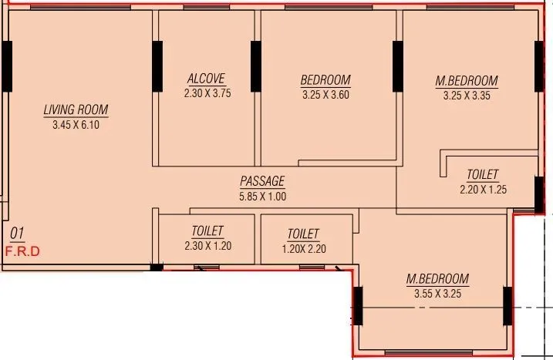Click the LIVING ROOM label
tap(76, 109)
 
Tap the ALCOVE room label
tap(207, 79)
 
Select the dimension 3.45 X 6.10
tap(76, 124)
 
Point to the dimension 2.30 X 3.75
tap(207, 93)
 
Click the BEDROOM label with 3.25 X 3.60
tap(325, 80)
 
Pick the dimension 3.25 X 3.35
tap(467, 96)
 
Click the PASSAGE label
tap(262, 181)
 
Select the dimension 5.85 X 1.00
tap(262, 196)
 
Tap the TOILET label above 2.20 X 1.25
tap(483, 175)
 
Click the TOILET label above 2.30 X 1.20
tap(207, 231)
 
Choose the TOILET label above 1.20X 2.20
tap(303, 234)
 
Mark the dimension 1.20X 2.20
tap(303, 248)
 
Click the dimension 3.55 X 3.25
tap(437, 293)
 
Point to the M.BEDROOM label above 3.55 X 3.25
tap(437, 278)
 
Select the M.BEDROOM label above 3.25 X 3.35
tap(467, 81)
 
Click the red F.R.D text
tap(22, 251)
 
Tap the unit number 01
tap(17, 233)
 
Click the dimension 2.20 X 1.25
tap(483, 190)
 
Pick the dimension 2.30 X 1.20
tap(207, 246)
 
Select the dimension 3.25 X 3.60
tap(325, 95)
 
